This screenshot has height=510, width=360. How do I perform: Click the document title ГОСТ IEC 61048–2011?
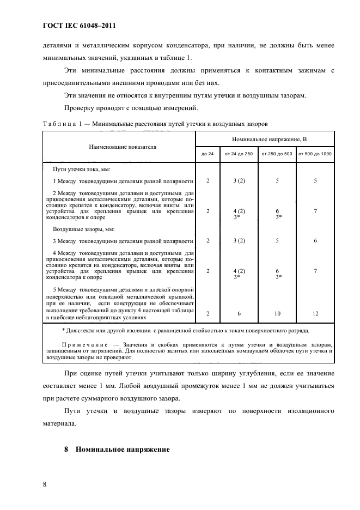(79, 26)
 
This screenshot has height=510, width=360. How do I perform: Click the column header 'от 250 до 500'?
(277, 154)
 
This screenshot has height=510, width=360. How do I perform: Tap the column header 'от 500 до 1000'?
(315, 154)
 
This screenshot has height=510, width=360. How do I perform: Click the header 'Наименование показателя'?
(119, 147)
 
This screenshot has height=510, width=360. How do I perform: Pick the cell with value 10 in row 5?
(277, 313)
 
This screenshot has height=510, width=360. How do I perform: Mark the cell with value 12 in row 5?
(315, 313)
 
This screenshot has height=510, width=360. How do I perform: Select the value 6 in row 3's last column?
(315, 240)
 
